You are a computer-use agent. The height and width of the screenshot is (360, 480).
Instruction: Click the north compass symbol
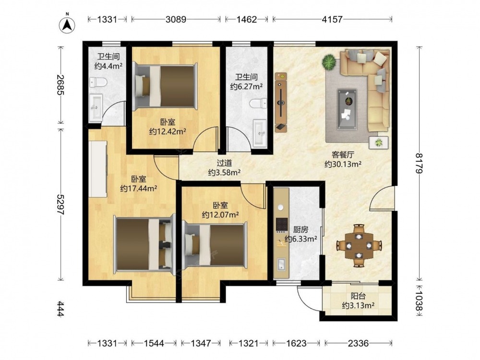[67, 24]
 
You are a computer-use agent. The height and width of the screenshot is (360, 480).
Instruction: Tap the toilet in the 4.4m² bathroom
[98, 82]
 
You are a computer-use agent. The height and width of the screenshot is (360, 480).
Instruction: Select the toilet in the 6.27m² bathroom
[258, 104]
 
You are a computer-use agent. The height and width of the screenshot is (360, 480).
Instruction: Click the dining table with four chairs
[359, 246]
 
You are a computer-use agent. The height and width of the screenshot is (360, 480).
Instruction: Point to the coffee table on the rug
[347, 108]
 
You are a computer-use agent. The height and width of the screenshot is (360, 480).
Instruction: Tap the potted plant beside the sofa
[329, 61]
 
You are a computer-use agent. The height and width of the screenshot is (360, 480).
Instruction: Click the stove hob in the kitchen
[282, 224]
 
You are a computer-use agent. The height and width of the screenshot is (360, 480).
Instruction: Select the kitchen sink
[281, 264]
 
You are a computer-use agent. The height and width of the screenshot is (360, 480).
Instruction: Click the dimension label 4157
[332, 19]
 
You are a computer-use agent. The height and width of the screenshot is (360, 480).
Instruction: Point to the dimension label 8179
[419, 164]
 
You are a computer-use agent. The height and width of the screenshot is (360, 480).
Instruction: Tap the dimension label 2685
[61, 85]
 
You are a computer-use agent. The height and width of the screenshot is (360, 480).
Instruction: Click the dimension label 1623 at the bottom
[296, 343]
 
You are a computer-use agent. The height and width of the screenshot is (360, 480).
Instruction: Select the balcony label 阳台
[358, 296]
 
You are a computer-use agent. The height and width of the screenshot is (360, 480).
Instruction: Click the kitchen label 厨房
[300, 229]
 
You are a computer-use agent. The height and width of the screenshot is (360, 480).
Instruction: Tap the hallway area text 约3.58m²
[224, 173]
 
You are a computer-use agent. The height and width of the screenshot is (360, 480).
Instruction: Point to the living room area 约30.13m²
[343, 164]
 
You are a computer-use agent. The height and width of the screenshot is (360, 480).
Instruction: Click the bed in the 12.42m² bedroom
[165, 86]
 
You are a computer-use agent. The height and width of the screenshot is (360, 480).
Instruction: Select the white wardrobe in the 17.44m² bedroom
[98, 169]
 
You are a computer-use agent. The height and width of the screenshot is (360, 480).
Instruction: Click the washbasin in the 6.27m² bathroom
[260, 133]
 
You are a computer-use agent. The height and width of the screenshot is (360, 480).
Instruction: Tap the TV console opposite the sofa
[281, 102]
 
